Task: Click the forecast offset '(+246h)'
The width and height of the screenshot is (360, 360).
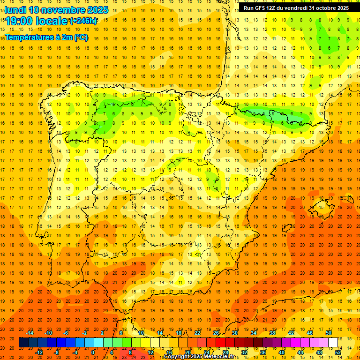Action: pos(83,21)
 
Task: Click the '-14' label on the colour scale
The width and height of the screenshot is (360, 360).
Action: pos(30,333)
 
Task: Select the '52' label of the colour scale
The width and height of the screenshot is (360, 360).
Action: pos(338,352)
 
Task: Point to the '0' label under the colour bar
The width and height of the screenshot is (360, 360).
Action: pos(93,352)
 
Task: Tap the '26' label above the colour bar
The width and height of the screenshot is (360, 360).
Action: pos(216,333)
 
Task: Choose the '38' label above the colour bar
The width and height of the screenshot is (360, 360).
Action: pos(272,333)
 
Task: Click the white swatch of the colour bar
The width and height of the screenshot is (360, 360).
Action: pos(333,342)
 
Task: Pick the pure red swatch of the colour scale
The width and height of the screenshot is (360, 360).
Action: pos(220,342)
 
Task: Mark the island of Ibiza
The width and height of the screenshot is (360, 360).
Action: pos(287,228)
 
